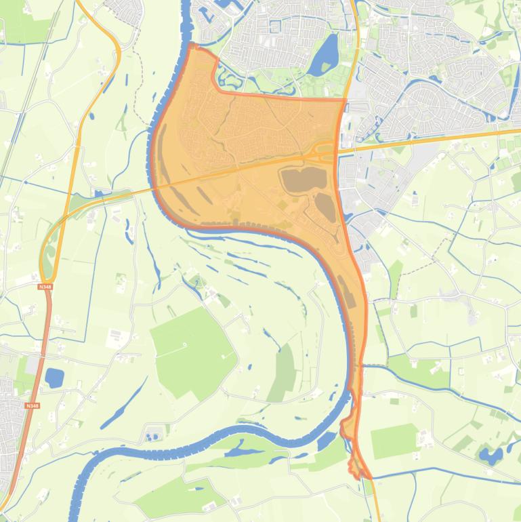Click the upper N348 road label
pyautogui.click(x=45, y=287)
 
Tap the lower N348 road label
pyautogui.click(x=30, y=405)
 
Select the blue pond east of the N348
pyautogui.click(x=54, y=378)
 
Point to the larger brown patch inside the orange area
pyautogui.click(x=304, y=179)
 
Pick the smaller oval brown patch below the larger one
pyautogui.click(x=325, y=207)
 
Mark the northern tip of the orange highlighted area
pyautogui.click(x=192, y=46)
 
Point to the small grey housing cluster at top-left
pyautogui.click(x=125, y=10)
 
